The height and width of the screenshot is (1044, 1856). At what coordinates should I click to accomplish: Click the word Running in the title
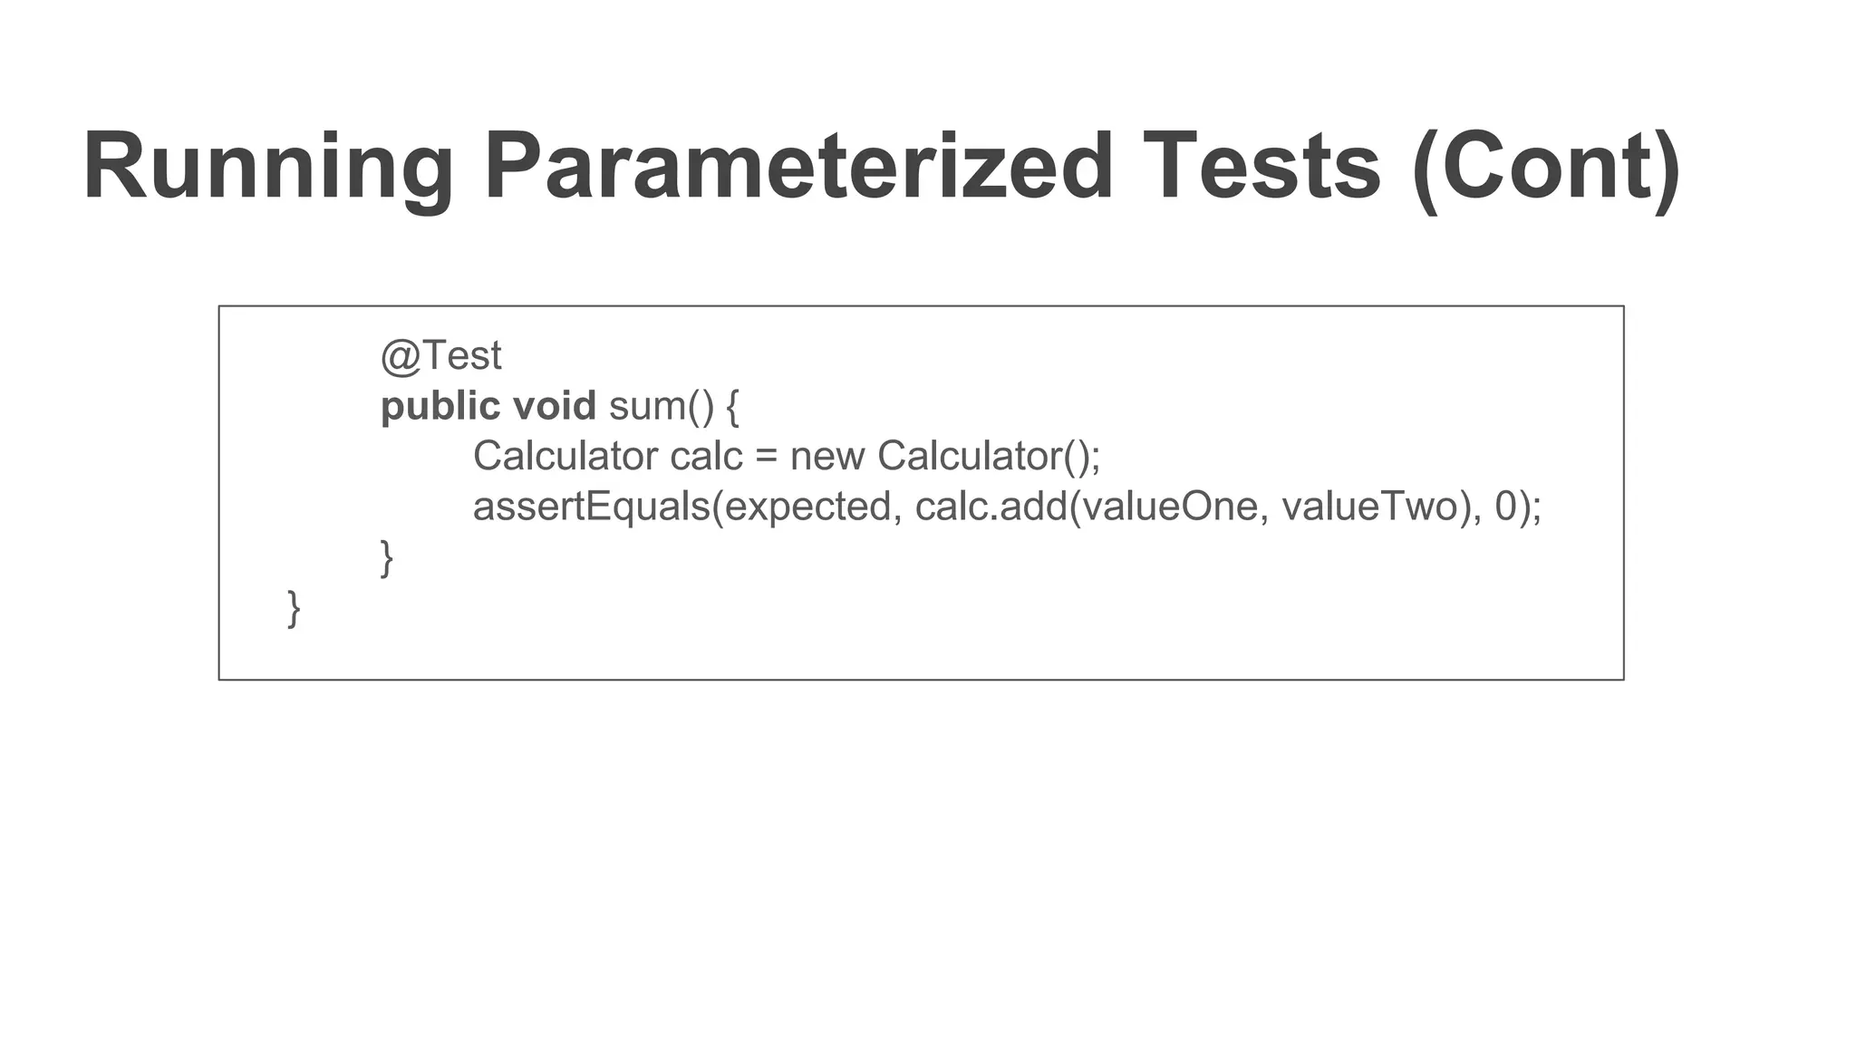pos(268,168)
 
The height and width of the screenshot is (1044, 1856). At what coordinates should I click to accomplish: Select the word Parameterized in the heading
pos(798,168)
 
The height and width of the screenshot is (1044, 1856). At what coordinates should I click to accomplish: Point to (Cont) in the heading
pos(1546,168)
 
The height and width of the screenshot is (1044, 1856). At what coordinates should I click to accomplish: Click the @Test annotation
pos(440,356)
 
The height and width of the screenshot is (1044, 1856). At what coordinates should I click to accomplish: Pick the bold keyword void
pos(554,407)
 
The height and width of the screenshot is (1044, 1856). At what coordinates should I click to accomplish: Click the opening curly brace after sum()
pos(733,407)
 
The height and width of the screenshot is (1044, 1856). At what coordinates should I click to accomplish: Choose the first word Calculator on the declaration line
pos(565,456)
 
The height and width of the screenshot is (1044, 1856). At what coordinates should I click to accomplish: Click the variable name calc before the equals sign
pos(706,456)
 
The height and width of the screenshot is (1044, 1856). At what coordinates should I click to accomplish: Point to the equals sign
pos(767,457)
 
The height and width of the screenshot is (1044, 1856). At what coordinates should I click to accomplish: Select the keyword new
pos(826,457)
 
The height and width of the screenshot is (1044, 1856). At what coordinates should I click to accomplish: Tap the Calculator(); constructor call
pos(989,456)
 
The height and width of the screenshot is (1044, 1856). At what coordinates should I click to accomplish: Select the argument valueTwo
pos(1369,507)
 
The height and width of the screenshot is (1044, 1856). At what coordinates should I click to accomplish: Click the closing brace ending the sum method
pos(387,557)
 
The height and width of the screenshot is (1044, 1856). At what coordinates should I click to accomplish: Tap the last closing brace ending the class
pos(294,608)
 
